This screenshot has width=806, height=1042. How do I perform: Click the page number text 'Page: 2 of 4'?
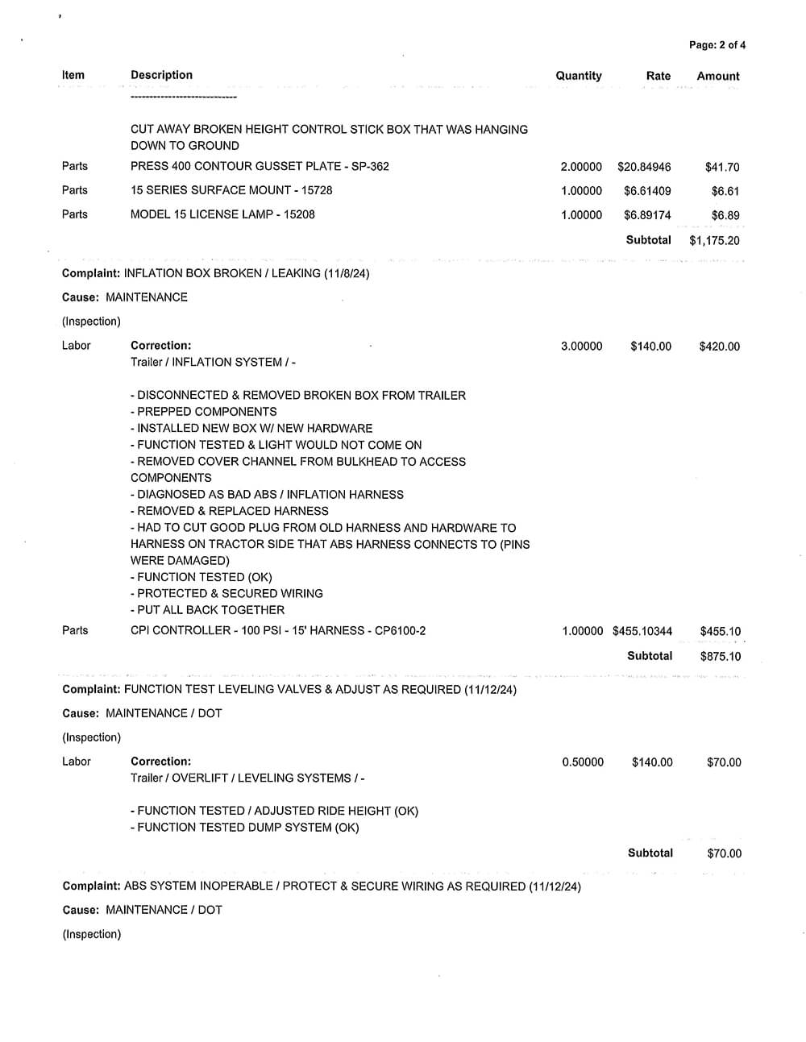(717, 45)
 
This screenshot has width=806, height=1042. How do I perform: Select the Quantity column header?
(579, 76)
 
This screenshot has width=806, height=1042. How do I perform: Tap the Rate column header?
(658, 76)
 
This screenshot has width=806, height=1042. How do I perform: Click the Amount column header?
(717, 77)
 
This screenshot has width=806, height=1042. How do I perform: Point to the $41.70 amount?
(721, 168)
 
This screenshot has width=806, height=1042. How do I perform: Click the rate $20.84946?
(644, 167)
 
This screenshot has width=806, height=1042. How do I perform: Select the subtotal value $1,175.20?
(714, 240)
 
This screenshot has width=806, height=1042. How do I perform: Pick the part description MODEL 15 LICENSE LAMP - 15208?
(222, 214)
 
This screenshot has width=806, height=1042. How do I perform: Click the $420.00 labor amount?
(720, 347)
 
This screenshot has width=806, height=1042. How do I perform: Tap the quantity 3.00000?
(581, 347)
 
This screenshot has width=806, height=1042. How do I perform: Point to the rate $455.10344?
(642, 632)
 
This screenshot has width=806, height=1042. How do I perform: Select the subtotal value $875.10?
(721, 656)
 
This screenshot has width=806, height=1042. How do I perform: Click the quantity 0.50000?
(583, 762)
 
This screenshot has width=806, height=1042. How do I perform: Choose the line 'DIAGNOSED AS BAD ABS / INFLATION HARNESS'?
(267, 494)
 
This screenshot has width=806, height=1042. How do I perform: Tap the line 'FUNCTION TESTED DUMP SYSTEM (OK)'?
(244, 828)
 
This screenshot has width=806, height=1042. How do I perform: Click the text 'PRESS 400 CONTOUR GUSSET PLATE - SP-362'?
(260, 166)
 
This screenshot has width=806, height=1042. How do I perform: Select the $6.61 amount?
(725, 192)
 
